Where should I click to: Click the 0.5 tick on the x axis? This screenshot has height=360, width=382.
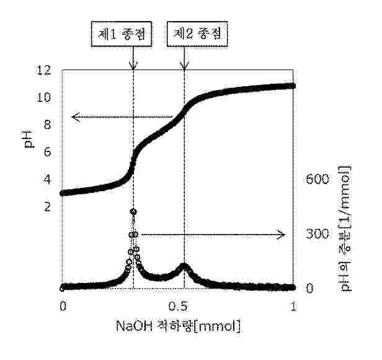pos(178,306)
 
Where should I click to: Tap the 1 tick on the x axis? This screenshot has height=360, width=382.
pos(294,306)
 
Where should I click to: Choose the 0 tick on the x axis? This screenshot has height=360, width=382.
pos(62,306)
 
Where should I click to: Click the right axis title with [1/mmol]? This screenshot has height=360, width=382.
pos(345,228)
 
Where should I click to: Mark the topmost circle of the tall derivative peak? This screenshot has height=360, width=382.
pos(133,212)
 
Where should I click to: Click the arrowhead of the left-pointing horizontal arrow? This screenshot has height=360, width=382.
pos(73,116)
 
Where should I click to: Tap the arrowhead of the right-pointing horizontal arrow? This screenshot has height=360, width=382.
pos(283,234)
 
